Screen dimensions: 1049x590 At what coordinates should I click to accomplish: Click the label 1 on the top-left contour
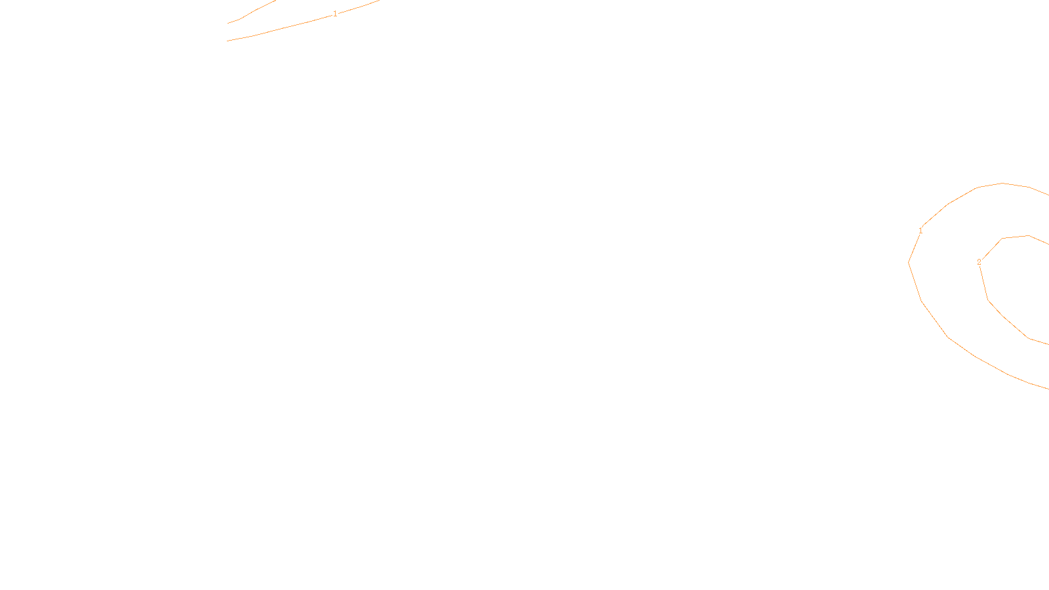point(335,14)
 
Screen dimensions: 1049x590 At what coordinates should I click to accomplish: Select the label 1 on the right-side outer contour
point(920,231)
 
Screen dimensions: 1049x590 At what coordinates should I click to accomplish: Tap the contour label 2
point(979,262)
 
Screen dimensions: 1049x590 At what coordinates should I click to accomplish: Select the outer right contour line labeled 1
point(947,337)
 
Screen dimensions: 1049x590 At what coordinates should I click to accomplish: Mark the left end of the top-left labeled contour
point(228,41)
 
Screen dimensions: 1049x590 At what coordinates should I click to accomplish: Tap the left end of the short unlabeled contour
point(228,24)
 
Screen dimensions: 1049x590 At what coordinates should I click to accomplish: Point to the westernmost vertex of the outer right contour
point(909,262)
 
